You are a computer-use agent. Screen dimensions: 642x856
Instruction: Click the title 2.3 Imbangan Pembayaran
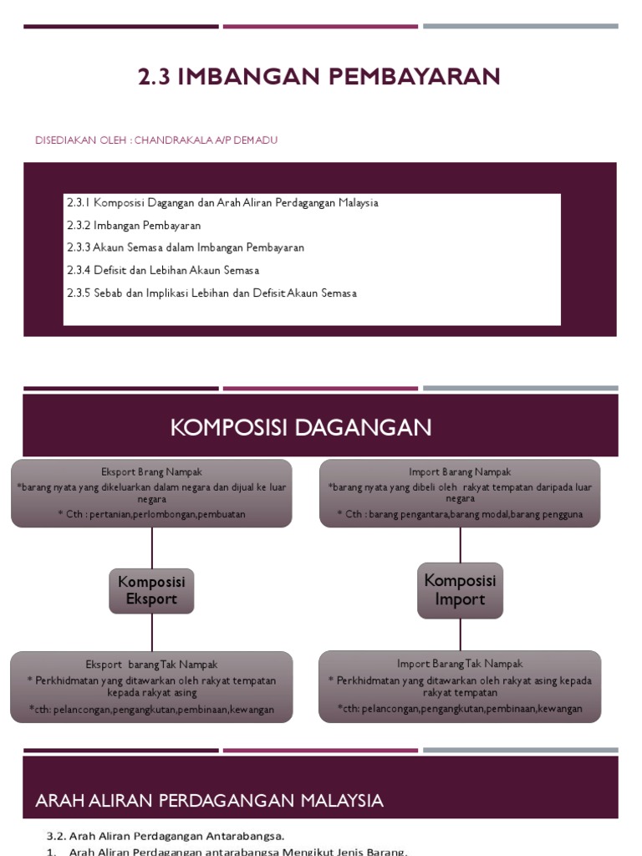point(319,77)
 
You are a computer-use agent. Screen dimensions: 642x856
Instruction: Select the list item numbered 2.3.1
point(222,203)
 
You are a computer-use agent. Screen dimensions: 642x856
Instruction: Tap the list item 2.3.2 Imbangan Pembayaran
point(134,226)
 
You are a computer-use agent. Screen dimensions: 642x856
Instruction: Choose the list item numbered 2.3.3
point(186,248)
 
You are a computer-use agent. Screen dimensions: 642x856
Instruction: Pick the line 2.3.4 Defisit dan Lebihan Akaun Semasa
point(163,271)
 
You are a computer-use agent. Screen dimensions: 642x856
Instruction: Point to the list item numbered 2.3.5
point(211,293)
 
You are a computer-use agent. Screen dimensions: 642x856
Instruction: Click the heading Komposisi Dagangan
point(301,428)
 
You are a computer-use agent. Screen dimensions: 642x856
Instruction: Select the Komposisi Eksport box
point(151,590)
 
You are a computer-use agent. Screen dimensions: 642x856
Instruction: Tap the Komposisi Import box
point(460,590)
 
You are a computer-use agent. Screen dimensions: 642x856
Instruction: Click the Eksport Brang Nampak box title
point(151,472)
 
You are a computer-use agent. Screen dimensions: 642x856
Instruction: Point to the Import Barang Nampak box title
point(460,472)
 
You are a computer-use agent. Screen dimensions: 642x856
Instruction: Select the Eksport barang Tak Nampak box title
point(151,664)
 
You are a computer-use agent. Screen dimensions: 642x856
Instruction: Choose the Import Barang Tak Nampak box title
point(460,664)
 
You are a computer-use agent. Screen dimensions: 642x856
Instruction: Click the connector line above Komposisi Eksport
point(151,547)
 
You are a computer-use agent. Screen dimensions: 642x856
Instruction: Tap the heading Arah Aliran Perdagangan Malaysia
point(210,801)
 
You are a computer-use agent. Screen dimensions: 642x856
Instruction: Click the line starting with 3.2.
point(166,835)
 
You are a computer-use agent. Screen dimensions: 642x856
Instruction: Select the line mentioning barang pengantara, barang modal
point(460,514)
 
